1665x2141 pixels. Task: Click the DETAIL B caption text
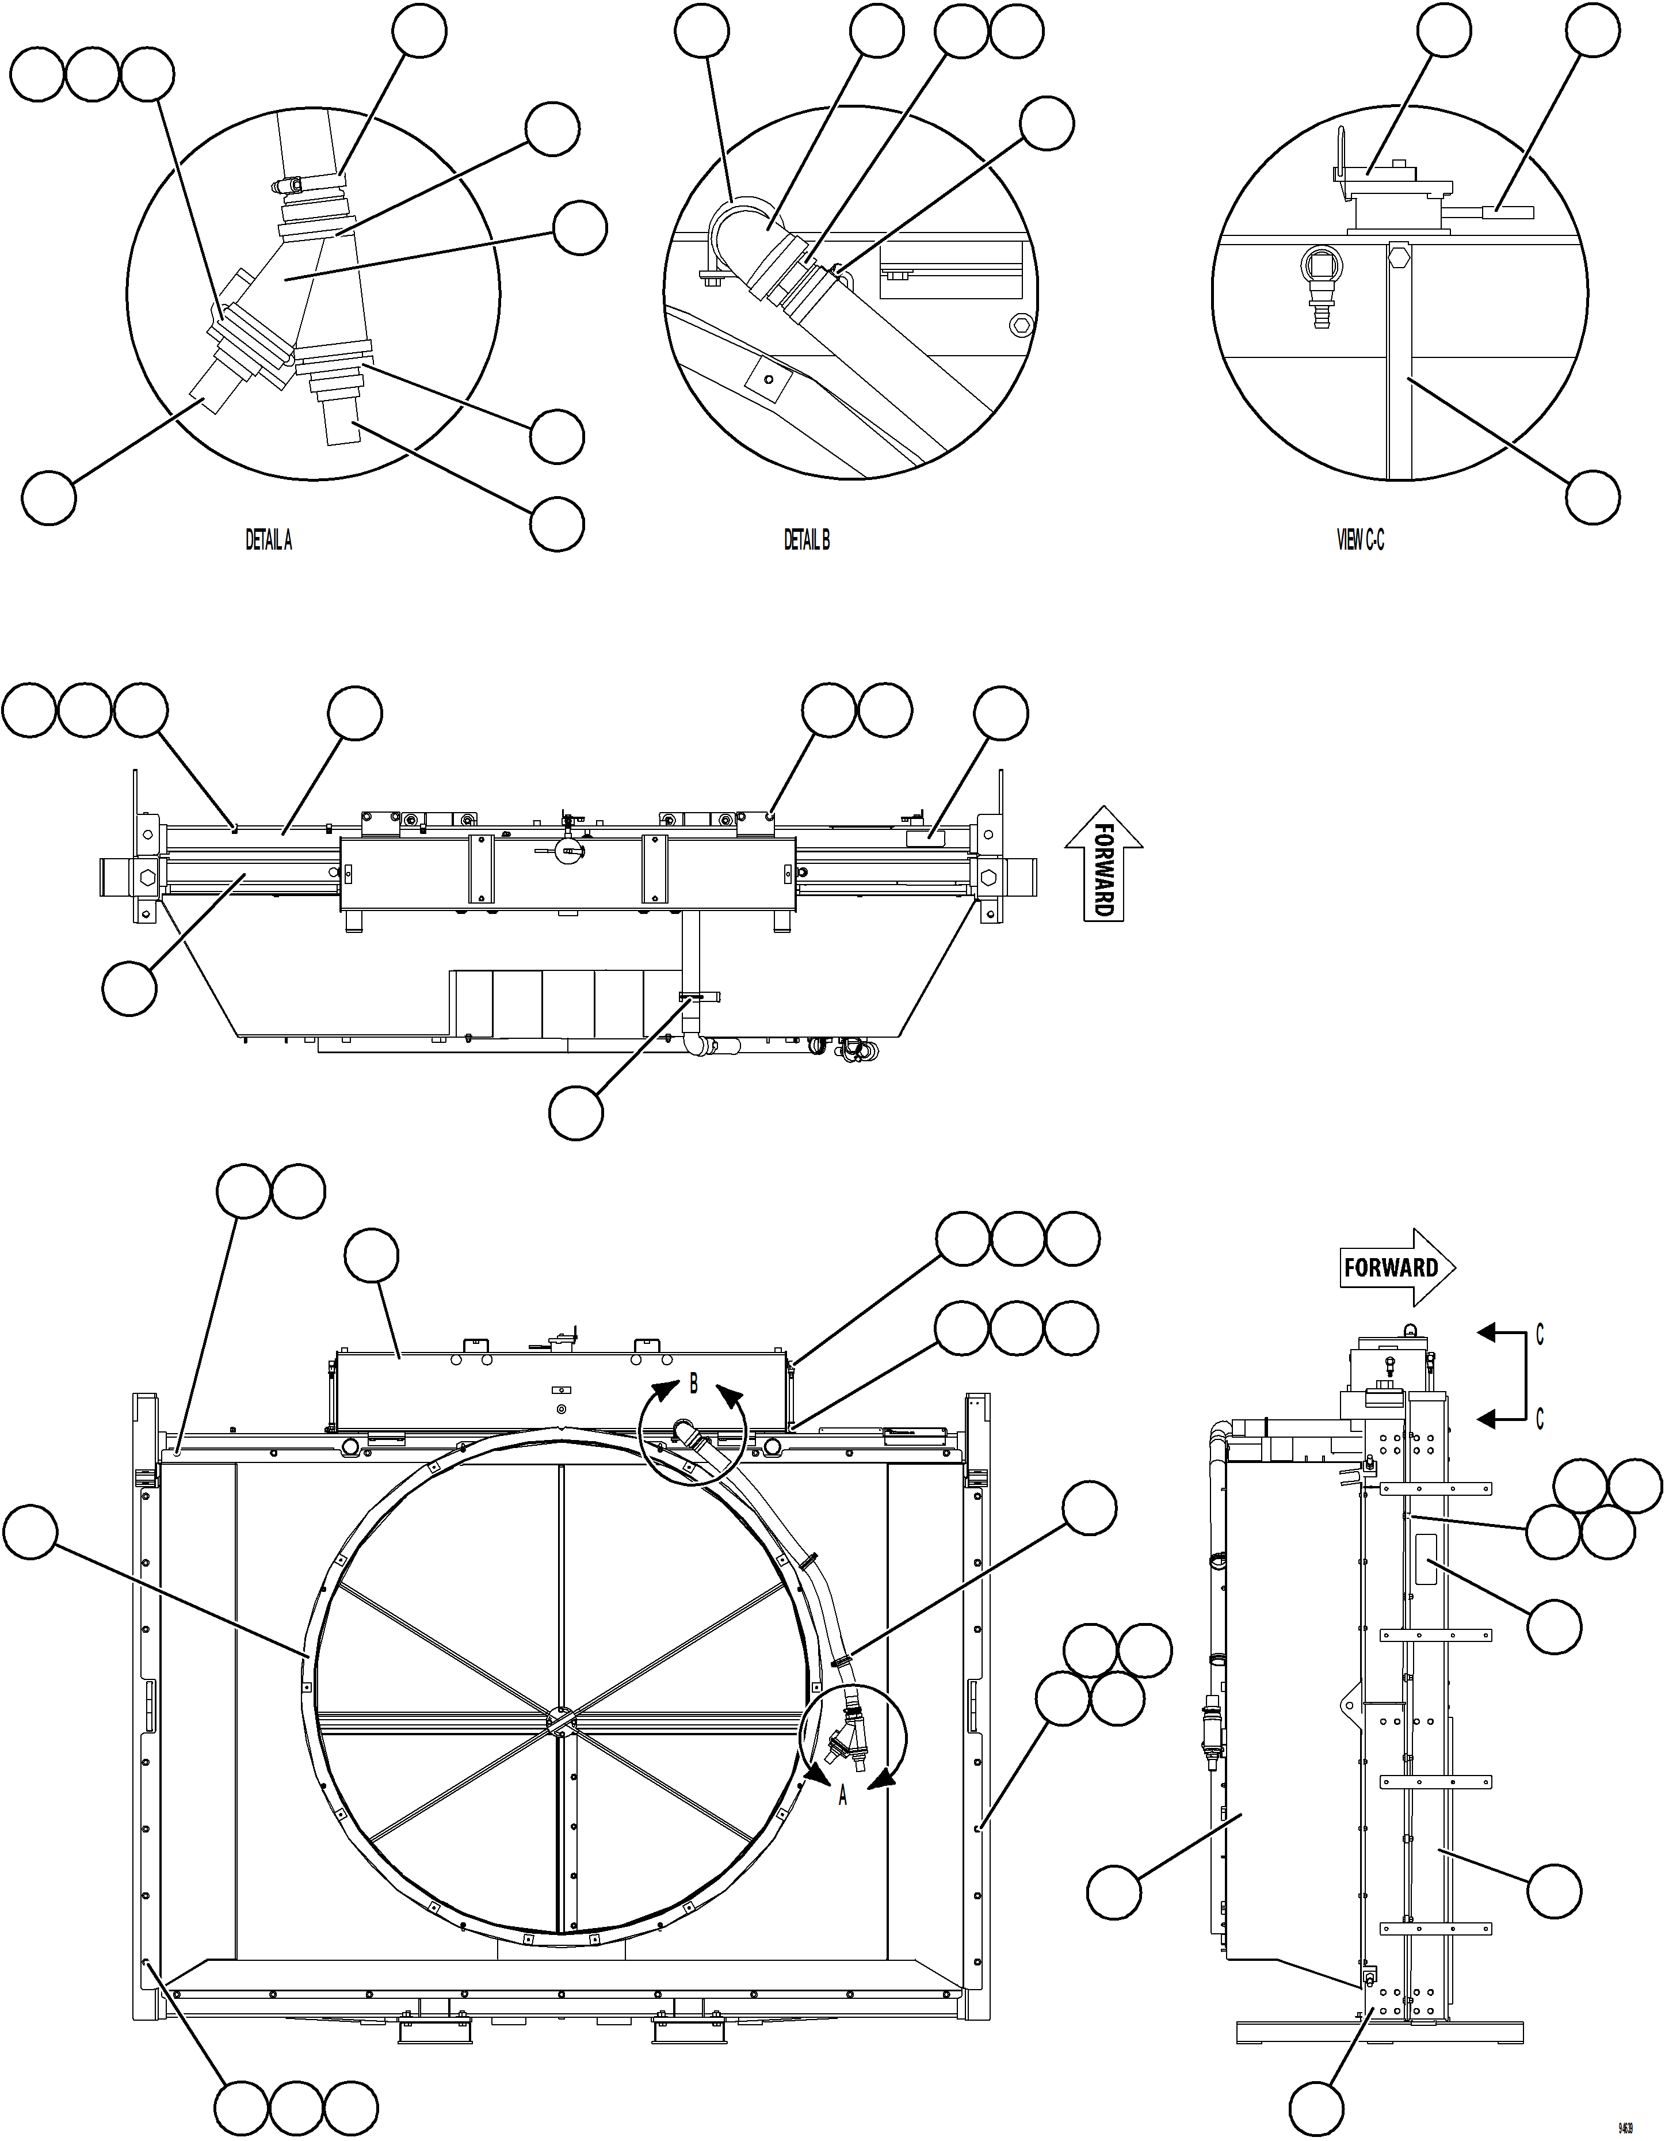[x=807, y=540]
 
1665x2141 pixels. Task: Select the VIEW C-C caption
[x=1360, y=540]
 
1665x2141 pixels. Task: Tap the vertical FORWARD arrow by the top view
[x=1103, y=863]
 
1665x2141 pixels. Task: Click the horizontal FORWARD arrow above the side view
[x=1396, y=1267]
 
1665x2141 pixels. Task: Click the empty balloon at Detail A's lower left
[x=49, y=498]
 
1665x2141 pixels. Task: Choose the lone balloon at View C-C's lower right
[x=1593, y=497]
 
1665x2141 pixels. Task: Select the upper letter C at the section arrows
[x=1540, y=1335]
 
